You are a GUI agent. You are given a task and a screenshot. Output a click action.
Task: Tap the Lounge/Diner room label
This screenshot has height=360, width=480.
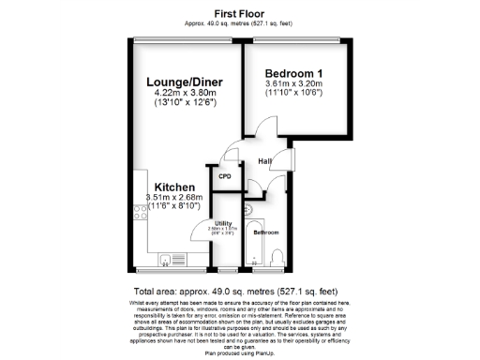(182, 82)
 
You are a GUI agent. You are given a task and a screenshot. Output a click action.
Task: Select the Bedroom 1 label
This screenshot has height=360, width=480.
(293, 73)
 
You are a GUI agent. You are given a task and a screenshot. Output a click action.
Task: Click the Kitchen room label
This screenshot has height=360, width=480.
(174, 186)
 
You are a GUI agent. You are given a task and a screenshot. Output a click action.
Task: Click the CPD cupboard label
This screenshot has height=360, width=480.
(225, 175)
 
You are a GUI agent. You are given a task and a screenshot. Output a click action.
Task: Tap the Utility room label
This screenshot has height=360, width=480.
(223, 222)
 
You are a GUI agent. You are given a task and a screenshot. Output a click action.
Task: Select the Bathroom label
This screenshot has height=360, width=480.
(266, 232)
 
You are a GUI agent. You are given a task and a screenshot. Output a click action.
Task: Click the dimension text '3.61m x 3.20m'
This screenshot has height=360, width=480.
(293, 84)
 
